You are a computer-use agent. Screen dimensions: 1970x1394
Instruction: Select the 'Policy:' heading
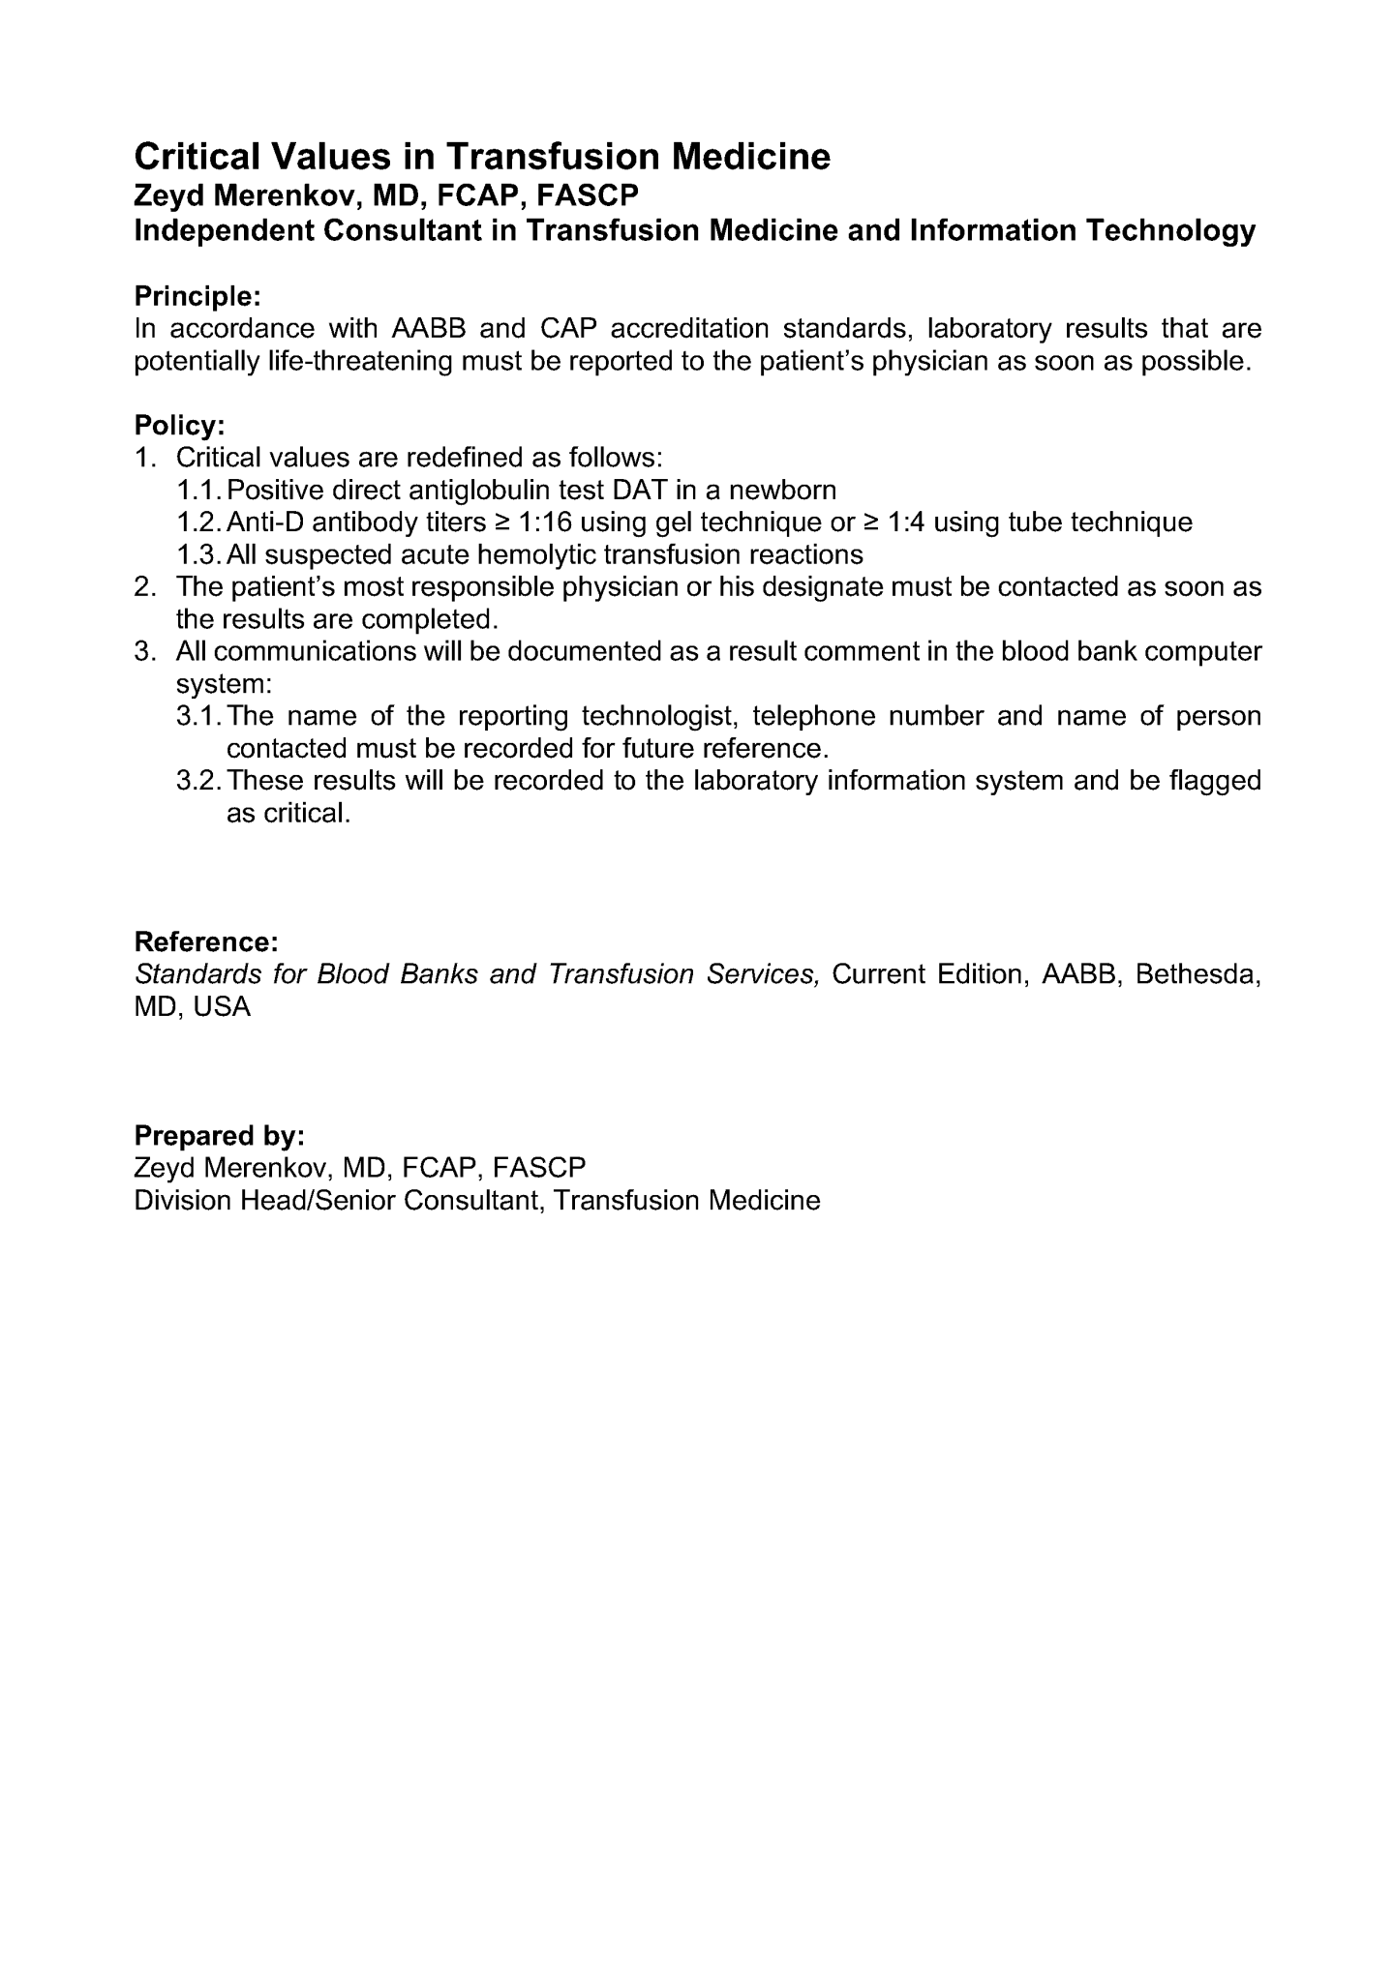point(179,425)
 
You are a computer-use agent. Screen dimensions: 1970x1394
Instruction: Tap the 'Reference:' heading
point(206,941)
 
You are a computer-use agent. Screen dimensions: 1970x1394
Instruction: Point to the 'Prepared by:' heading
point(219,1134)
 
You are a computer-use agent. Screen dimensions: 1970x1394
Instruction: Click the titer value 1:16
point(545,522)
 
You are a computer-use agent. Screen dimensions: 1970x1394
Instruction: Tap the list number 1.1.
point(200,490)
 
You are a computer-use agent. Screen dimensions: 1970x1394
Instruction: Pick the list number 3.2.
point(200,781)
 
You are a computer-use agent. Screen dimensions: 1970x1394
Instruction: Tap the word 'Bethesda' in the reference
point(1197,974)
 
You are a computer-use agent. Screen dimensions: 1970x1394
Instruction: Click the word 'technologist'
point(660,716)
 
